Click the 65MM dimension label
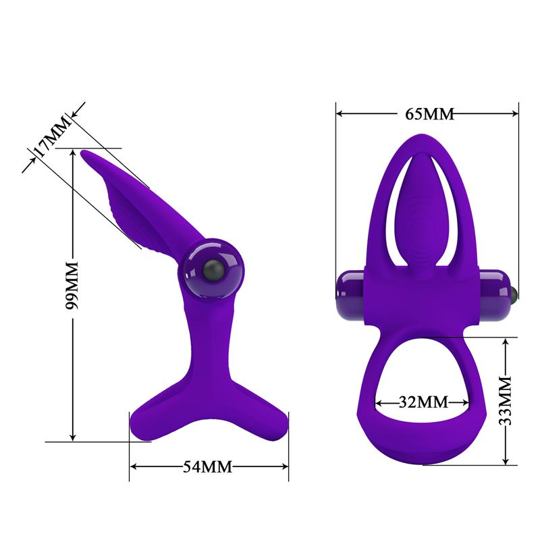pos(429,113)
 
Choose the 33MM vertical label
pos(506,402)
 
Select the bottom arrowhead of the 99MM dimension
pos(73,437)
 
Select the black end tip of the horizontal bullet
pos(515,291)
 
